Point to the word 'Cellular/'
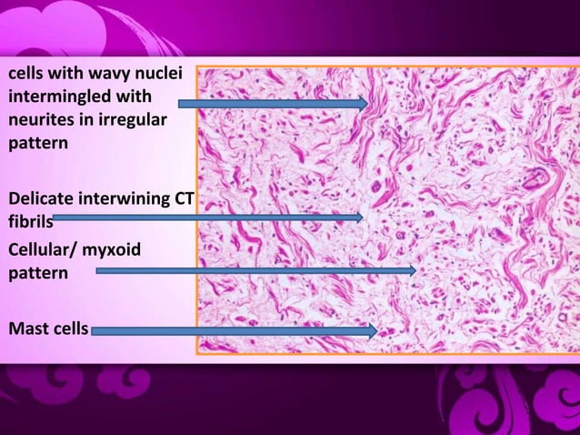(41, 247)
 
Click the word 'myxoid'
(114, 247)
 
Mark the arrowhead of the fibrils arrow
(359, 217)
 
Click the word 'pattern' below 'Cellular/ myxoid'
(36, 271)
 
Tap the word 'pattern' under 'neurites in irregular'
(36, 144)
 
